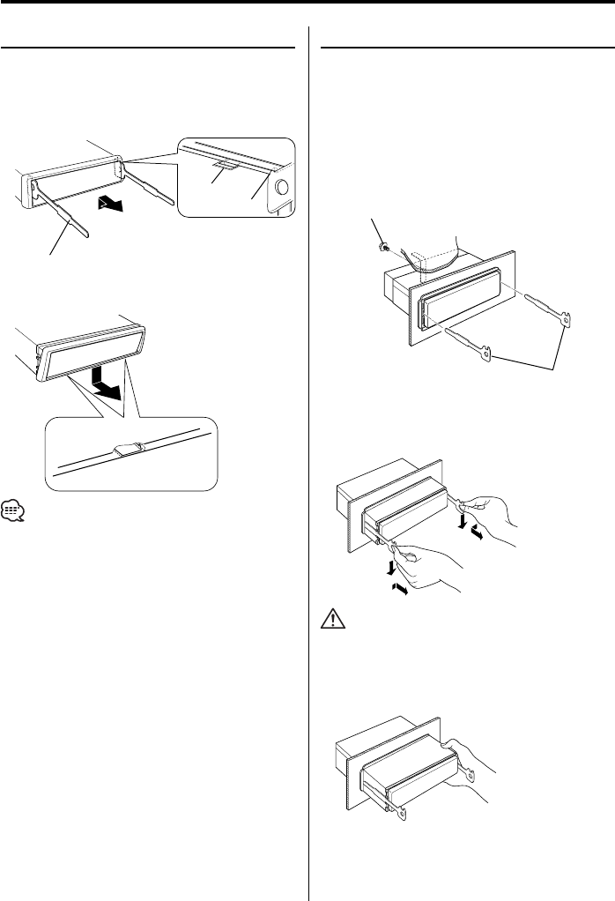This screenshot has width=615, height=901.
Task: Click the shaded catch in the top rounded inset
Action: click(225, 167)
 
